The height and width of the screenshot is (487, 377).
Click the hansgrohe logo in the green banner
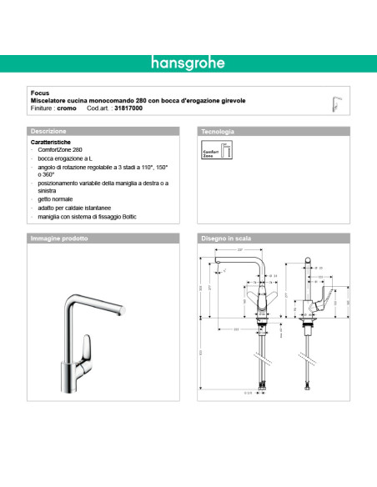tap(188, 62)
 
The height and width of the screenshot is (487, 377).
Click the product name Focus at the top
tap(38, 93)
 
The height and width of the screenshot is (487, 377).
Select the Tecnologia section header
tap(218, 132)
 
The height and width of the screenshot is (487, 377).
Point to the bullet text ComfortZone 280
tap(61, 150)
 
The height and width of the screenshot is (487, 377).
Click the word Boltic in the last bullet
tap(124, 216)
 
